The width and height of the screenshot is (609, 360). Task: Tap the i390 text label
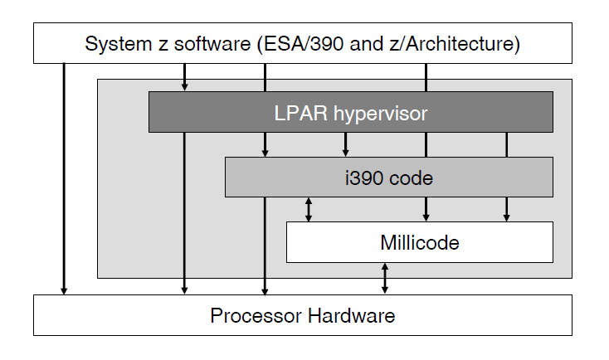click(x=366, y=178)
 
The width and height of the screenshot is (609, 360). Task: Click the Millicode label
click(x=419, y=243)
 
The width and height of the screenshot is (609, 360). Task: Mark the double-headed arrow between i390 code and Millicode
click(x=309, y=209)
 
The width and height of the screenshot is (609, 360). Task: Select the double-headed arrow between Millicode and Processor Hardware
click(x=385, y=278)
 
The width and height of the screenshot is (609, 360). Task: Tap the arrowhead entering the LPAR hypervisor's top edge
click(x=185, y=86)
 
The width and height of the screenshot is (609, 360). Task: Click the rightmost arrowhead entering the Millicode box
click(x=506, y=216)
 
